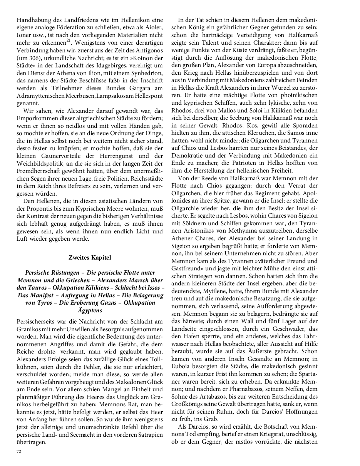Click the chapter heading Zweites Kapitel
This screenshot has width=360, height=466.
90,257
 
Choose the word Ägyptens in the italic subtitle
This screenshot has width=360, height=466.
90,310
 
